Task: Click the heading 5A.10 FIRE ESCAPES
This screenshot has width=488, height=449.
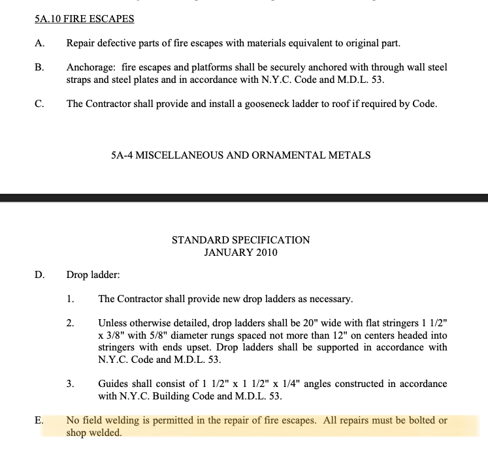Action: pyautogui.click(x=84, y=19)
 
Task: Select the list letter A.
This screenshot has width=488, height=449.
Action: pyautogui.click(x=40, y=44)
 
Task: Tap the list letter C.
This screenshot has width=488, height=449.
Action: pyautogui.click(x=40, y=104)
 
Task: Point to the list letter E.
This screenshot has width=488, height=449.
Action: pyautogui.click(x=39, y=420)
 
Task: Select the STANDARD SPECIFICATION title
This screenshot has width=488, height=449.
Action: pyautogui.click(x=240, y=240)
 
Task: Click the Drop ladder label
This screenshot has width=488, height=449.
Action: pyautogui.click(x=93, y=275)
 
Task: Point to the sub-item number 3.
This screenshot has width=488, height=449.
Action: pyautogui.click(x=70, y=384)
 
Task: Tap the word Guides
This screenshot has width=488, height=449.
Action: pyautogui.click(x=114, y=384)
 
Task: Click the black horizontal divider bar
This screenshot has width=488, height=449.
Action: pyautogui.click(x=244, y=197)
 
